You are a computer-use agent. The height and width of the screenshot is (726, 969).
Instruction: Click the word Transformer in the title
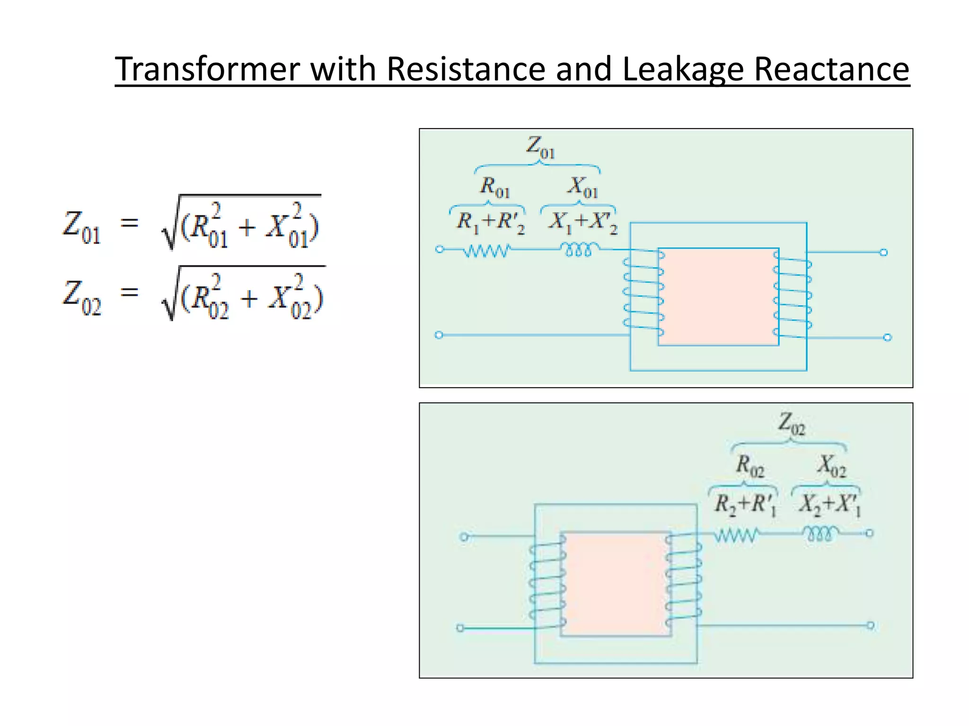pyautogui.click(x=208, y=69)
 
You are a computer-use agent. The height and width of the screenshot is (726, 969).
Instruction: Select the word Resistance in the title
pyautogui.click(x=466, y=69)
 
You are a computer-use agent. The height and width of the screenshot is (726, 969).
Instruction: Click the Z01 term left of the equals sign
pyautogui.click(x=82, y=227)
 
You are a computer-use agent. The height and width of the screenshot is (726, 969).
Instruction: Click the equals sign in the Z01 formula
pyautogui.click(x=129, y=222)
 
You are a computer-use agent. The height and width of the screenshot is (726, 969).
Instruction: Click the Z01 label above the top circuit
pyautogui.click(x=540, y=147)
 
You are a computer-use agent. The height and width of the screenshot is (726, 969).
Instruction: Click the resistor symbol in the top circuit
pyautogui.click(x=487, y=250)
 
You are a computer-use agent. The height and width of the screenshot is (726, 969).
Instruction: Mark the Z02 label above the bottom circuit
pyautogui.click(x=792, y=423)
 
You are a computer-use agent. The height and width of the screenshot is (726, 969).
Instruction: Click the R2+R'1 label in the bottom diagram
pyautogui.click(x=745, y=504)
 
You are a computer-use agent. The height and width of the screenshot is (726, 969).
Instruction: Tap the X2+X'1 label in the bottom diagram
pyautogui.click(x=829, y=504)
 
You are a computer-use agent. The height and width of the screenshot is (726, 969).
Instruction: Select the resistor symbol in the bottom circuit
pyautogui.click(x=736, y=535)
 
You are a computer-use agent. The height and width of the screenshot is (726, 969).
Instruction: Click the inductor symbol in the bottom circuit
pyautogui.click(x=821, y=534)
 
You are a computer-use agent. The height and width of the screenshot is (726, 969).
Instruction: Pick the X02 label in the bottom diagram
pyautogui.click(x=832, y=465)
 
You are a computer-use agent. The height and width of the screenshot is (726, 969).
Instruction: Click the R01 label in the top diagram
pyautogui.click(x=495, y=186)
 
